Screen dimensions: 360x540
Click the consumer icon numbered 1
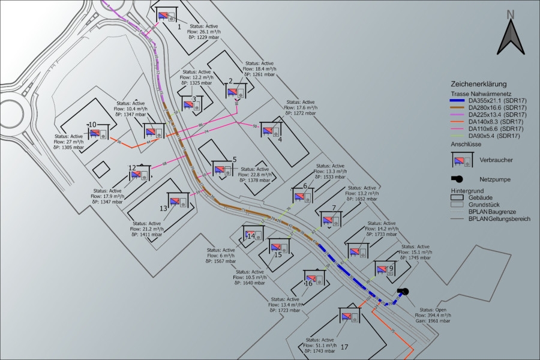click(x=166, y=16)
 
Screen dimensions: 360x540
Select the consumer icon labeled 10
click(x=98, y=133)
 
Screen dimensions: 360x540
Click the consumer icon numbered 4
click(x=272, y=130)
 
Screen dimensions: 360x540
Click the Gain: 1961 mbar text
click(x=433, y=321)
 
